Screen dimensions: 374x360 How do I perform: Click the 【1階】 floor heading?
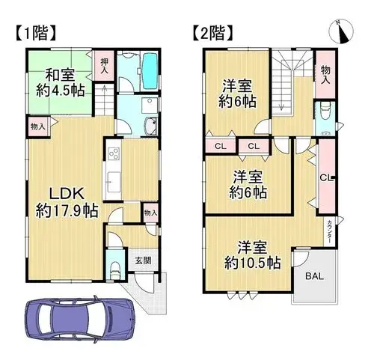[x=34, y=33]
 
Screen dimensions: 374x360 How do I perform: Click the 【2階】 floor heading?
[x=213, y=33]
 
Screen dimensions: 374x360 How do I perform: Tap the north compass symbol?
[x=341, y=31]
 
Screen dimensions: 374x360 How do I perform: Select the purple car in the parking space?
[x=80, y=319]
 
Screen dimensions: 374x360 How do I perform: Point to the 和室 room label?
[x=60, y=75]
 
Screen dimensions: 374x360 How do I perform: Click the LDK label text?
[x=67, y=193]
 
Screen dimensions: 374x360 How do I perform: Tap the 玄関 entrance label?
[x=143, y=260]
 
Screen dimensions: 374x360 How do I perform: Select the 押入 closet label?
[x=104, y=66]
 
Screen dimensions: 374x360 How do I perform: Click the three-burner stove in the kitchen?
[x=114, y=153]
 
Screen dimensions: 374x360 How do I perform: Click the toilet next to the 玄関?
[x=115, y=270]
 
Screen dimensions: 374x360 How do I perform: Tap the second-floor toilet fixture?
[x=325, y=111]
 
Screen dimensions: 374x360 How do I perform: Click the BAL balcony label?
[x=314, y=276]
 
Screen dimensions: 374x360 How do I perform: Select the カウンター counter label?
[x=329, y=232]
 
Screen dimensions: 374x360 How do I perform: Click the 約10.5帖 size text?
[x=252, y=262]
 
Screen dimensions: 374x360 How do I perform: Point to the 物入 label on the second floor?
[x=325, y=74]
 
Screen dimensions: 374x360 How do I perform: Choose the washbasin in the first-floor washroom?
[x=150, y=124]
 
